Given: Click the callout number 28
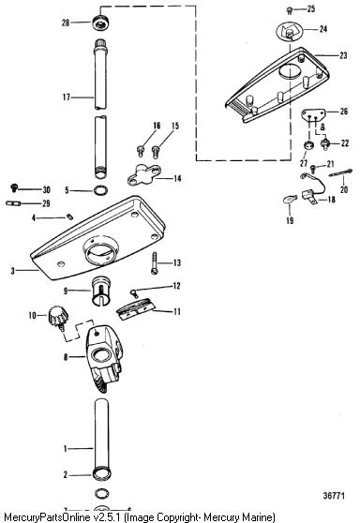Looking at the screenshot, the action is pyautogui.click(x=66, y=22).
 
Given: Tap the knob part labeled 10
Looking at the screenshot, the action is pyautogui.click(x=58, y=317).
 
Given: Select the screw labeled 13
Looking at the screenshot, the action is pyautogui.click(x=154, y=262).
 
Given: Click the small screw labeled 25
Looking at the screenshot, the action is pyautogui.click(x=290, y=11).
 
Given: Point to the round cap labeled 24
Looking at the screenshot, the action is pyautogui.click(x=290, y=32).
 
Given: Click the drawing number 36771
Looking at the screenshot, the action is pyautogui.click(x=334, y=496).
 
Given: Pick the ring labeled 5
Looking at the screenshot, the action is pyautogui.click(x=100, y=190).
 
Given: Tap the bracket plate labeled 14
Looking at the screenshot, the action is pyautogui.click(x=144, y=174).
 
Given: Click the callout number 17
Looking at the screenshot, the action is pyautogui.click(x=67, y=97).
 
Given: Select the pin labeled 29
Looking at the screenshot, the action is pyautogui.click(x=14, y=203).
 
